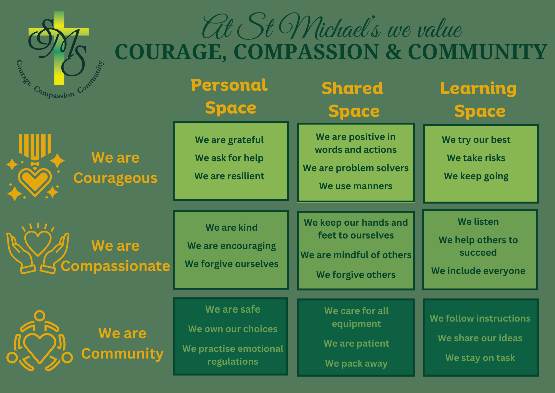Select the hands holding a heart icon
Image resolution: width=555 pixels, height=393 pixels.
pyautogui.click(x=38, y=248)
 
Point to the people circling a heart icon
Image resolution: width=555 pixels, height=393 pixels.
pyautogui.click(x=40, y=341)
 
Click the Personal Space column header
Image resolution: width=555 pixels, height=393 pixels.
pyautogui.click(x=229, y=96)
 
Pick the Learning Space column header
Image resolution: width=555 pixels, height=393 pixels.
pyautogui.click(x=479, y=100)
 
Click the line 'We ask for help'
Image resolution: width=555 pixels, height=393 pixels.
pyautogui.click(x=229, y=158)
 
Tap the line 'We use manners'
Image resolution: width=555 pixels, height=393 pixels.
pyautogui.click(x=356, y=186)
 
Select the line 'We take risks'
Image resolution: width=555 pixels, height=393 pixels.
pyautogui.click(x=476, y=158)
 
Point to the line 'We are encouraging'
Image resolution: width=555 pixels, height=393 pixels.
pyautogui.click(x=232, y=246)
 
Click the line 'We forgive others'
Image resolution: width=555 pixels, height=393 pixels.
pyautogui.click(x=356, y=275)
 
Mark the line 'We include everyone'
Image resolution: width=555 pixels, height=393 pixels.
pyautogui.click(x=478, y=271)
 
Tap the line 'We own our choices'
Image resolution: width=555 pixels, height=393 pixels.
pyautogui.click(x=233, y=329)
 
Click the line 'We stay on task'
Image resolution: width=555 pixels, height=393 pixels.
pyautogui.click(x=480, y=358)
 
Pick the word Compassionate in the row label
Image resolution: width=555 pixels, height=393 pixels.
pyautogui.click(x=115, y=266)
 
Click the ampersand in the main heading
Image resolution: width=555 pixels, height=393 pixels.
pyautogui.click(x=393, y=52)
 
